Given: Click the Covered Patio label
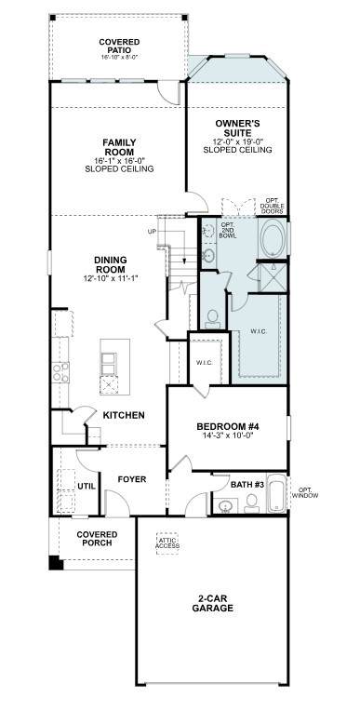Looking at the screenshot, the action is pos(120,46).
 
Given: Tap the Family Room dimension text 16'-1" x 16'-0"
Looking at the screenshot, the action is pos(120,161).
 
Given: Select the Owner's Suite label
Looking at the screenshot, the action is pos(237,128).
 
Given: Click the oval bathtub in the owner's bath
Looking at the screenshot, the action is pos(273,238).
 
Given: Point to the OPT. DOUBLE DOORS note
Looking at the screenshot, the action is pos(272,207).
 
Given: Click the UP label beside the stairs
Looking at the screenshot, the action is pos(152,233).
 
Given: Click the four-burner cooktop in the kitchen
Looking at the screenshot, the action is pos(60,372).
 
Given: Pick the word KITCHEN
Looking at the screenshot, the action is pos(124,415).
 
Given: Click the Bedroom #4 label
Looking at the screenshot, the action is pos(227,426).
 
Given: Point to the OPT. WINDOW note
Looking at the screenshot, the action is pos(305,493).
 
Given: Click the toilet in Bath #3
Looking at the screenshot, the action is pos(251,502).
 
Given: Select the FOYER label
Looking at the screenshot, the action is pos(132,479).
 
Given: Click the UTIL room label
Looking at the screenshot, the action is pos(87,487).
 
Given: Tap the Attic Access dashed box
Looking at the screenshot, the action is pos(167,543).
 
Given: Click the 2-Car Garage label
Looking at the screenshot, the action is pos(213,603).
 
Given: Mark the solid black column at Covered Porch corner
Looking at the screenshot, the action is pos(56,562).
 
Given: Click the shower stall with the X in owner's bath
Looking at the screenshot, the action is pos(273,278).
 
